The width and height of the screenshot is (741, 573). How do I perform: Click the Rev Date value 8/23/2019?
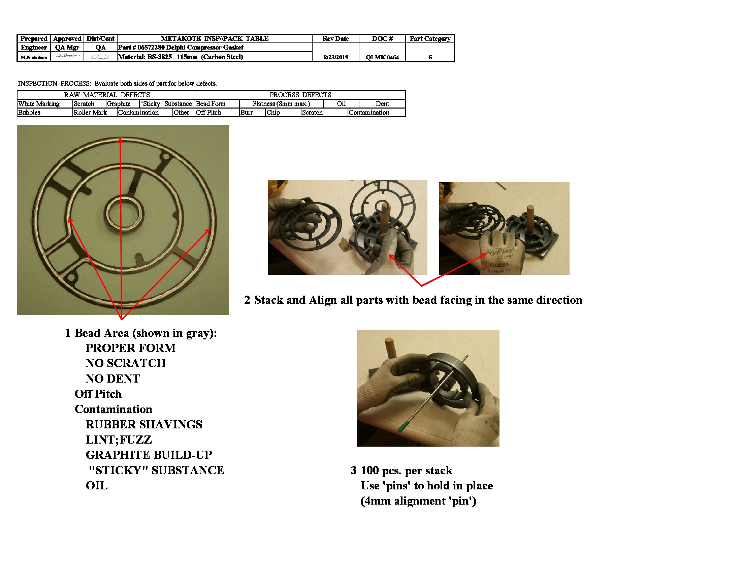[335, 57]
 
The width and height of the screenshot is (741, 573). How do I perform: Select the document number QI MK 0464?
[382, 57]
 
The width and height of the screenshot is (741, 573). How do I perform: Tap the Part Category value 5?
[430, 57]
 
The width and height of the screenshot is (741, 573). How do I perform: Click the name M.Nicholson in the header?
[34, 57]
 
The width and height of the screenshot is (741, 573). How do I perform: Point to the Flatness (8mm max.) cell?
[281, 103]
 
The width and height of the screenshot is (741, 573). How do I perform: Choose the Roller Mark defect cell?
[90, 112]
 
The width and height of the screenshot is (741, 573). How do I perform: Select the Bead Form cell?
[211, 103]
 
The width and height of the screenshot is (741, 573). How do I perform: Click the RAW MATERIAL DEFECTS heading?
[106, 95]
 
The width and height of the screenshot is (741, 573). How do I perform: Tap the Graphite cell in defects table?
[119, 103]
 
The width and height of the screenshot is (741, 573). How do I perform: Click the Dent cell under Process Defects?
[382, 103]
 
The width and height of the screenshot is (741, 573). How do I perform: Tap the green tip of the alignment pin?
[402, 426]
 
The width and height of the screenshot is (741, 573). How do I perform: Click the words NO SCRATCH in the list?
[126, 363]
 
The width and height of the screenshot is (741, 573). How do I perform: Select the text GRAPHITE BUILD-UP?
[149, 455]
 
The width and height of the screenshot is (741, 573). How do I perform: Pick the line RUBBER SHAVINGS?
[144, 424]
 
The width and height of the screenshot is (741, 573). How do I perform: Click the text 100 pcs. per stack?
[406, 470]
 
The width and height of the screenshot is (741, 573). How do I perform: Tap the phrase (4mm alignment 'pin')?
[418, 501]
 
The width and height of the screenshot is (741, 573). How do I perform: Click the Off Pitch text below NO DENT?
[98, 393]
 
